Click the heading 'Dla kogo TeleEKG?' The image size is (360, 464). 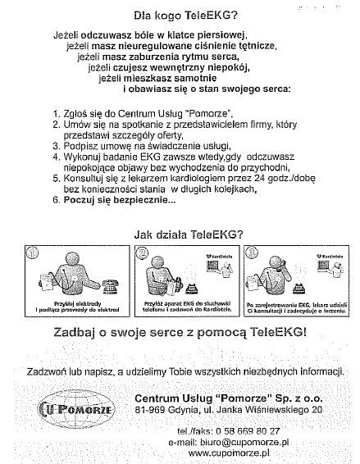(x=187, y=14)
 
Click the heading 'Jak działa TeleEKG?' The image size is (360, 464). (x=188, y=233)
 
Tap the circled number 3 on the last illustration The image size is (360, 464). (x=251, y=253)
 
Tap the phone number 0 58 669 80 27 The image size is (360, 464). (x=244, y=430)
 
